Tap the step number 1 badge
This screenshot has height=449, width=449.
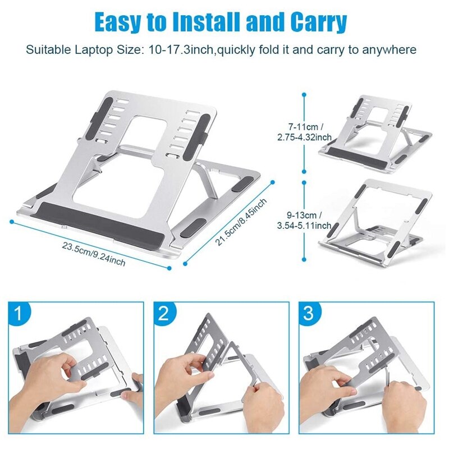point(20,313)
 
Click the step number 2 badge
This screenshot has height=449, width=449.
point(163,313)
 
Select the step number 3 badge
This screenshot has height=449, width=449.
point(308,313)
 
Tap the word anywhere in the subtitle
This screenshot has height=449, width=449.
point(391,50)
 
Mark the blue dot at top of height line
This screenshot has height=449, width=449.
point(304,95)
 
